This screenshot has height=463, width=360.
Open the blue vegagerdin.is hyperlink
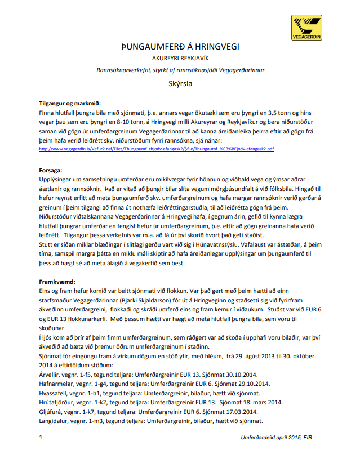(156, 149)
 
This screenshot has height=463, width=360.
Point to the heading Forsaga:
(51, 170)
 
